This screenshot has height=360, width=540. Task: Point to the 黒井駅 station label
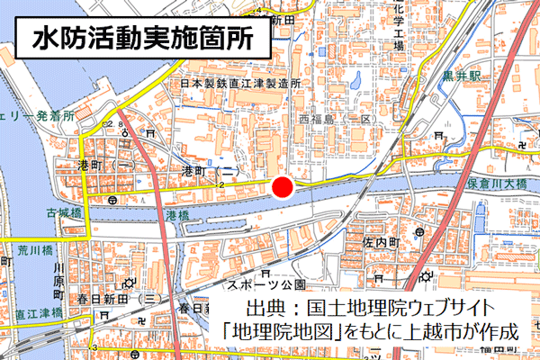(460, 77)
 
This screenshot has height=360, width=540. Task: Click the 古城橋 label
(64, 213)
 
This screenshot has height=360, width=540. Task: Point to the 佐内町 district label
(381, 243)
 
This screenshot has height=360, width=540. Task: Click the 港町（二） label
(209, 170)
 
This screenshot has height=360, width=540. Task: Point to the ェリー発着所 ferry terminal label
(36, 118)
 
